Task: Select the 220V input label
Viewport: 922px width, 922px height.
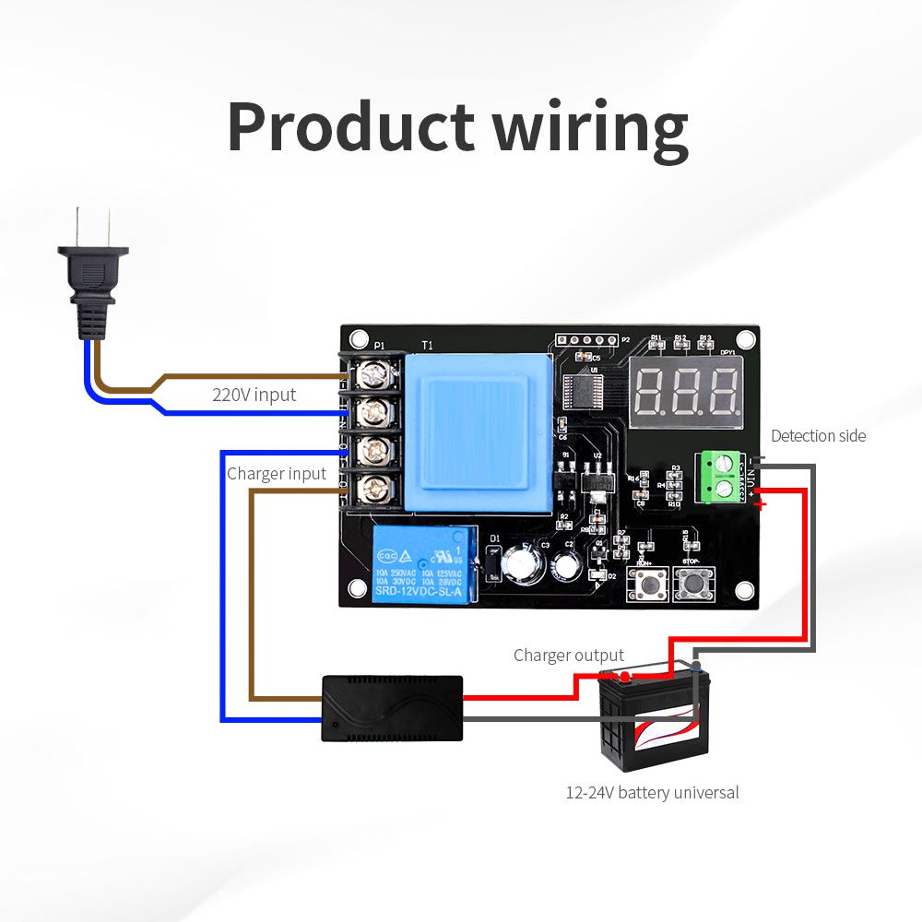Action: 254,395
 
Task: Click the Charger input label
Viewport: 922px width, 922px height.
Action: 277,473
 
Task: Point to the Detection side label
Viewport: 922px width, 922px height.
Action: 818,435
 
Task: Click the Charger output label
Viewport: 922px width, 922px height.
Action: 568,656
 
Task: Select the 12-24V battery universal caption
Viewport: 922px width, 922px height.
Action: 652,792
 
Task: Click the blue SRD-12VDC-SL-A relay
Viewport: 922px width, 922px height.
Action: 424,564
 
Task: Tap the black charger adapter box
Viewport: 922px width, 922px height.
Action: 392,707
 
